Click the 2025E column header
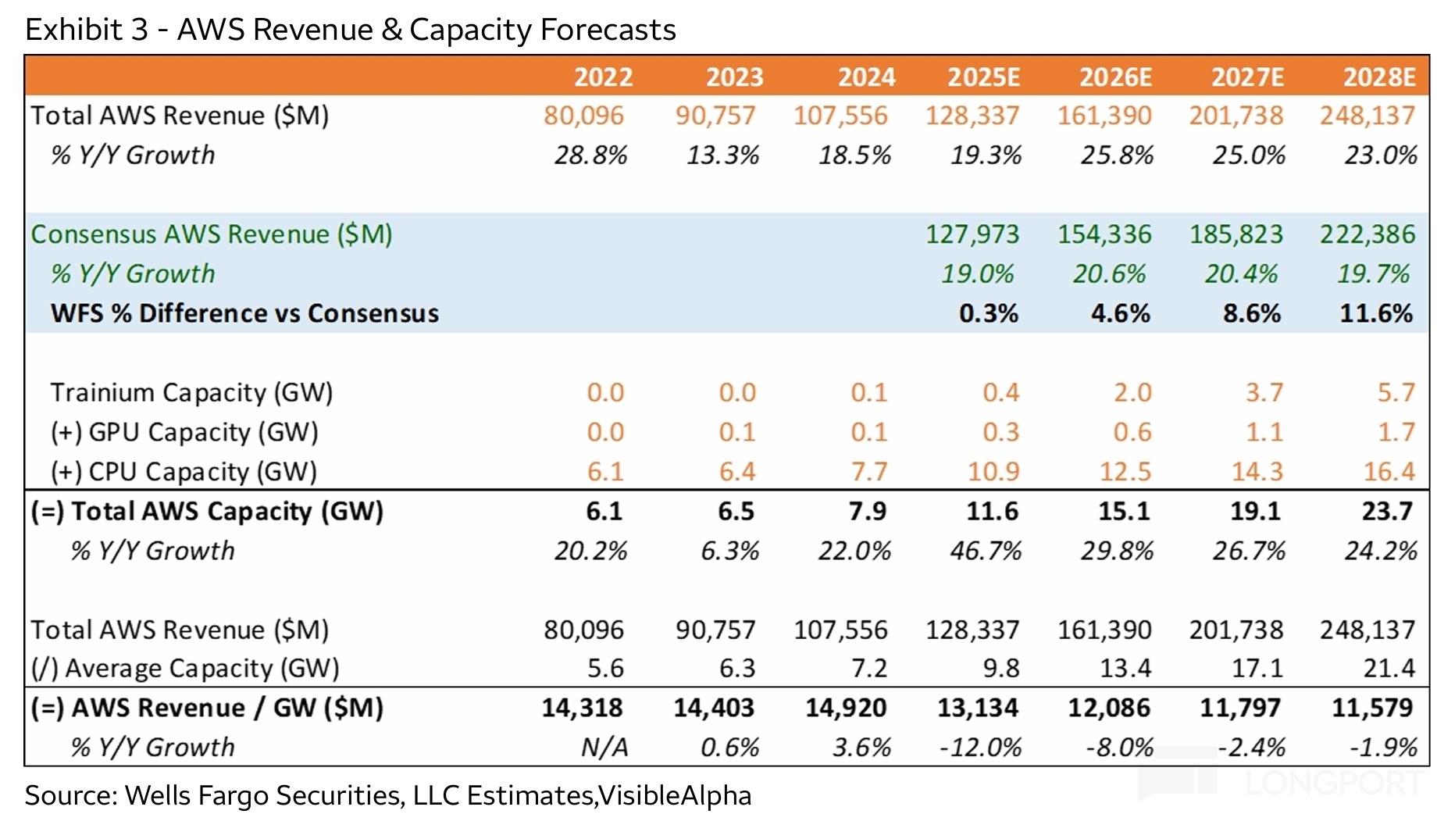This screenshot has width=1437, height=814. click(983, 77)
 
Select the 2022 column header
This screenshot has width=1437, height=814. click(603, 77)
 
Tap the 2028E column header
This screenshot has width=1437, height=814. click(1378, 77)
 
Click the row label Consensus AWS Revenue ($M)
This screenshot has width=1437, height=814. click(211, 234)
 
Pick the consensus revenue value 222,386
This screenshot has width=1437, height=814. click(1367, 234)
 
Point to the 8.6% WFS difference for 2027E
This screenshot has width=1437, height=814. click(1251, 313)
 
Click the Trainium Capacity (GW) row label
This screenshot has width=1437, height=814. click(191, 392)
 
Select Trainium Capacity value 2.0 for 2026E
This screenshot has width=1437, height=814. click(1132, 392)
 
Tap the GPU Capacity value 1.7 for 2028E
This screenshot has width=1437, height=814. click(1396, 432)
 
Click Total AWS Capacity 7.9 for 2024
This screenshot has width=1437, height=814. click(867, 511)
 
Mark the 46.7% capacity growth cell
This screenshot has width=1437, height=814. click(986, 551)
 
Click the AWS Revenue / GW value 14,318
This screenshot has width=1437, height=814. click(582, 708)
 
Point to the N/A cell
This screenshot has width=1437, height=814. click(604, 748)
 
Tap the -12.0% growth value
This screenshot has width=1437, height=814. click(980, 748)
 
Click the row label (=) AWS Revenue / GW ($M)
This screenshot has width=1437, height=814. click(207, 708)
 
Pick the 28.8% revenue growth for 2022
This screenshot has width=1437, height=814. click(590, 155)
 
